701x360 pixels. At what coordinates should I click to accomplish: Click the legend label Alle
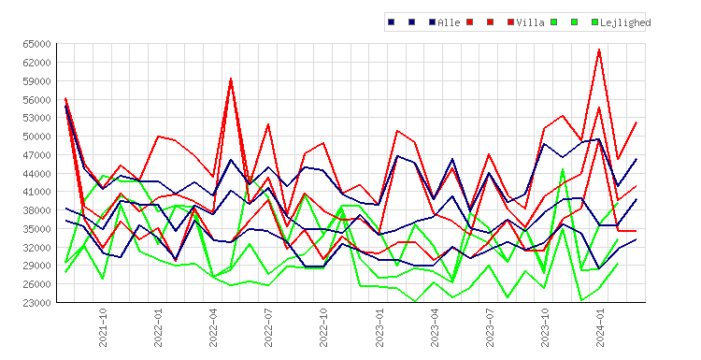449,22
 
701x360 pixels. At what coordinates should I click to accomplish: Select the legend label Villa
530,22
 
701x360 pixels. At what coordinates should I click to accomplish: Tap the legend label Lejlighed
625,22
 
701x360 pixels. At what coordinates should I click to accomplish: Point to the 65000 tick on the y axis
36,44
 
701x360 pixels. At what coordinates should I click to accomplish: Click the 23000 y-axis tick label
36,303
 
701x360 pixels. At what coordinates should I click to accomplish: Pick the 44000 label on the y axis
36,174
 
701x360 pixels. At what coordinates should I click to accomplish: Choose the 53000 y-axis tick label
36,118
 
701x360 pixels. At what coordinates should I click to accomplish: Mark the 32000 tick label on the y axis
36,247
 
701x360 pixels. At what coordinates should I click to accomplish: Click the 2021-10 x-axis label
103,327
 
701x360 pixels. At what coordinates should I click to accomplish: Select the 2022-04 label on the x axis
213,327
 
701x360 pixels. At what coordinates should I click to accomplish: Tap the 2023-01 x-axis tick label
379,327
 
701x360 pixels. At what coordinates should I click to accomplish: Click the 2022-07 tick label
268,327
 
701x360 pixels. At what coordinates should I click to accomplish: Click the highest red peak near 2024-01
599,50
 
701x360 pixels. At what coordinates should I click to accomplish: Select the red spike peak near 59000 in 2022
231,79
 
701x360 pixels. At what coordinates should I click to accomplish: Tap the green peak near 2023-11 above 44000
563,169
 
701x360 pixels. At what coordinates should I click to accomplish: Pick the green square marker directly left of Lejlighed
594,22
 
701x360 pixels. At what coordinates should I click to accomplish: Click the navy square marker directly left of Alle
433,22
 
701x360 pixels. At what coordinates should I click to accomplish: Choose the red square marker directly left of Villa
511,22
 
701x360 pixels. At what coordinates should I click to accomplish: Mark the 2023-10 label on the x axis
546,327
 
